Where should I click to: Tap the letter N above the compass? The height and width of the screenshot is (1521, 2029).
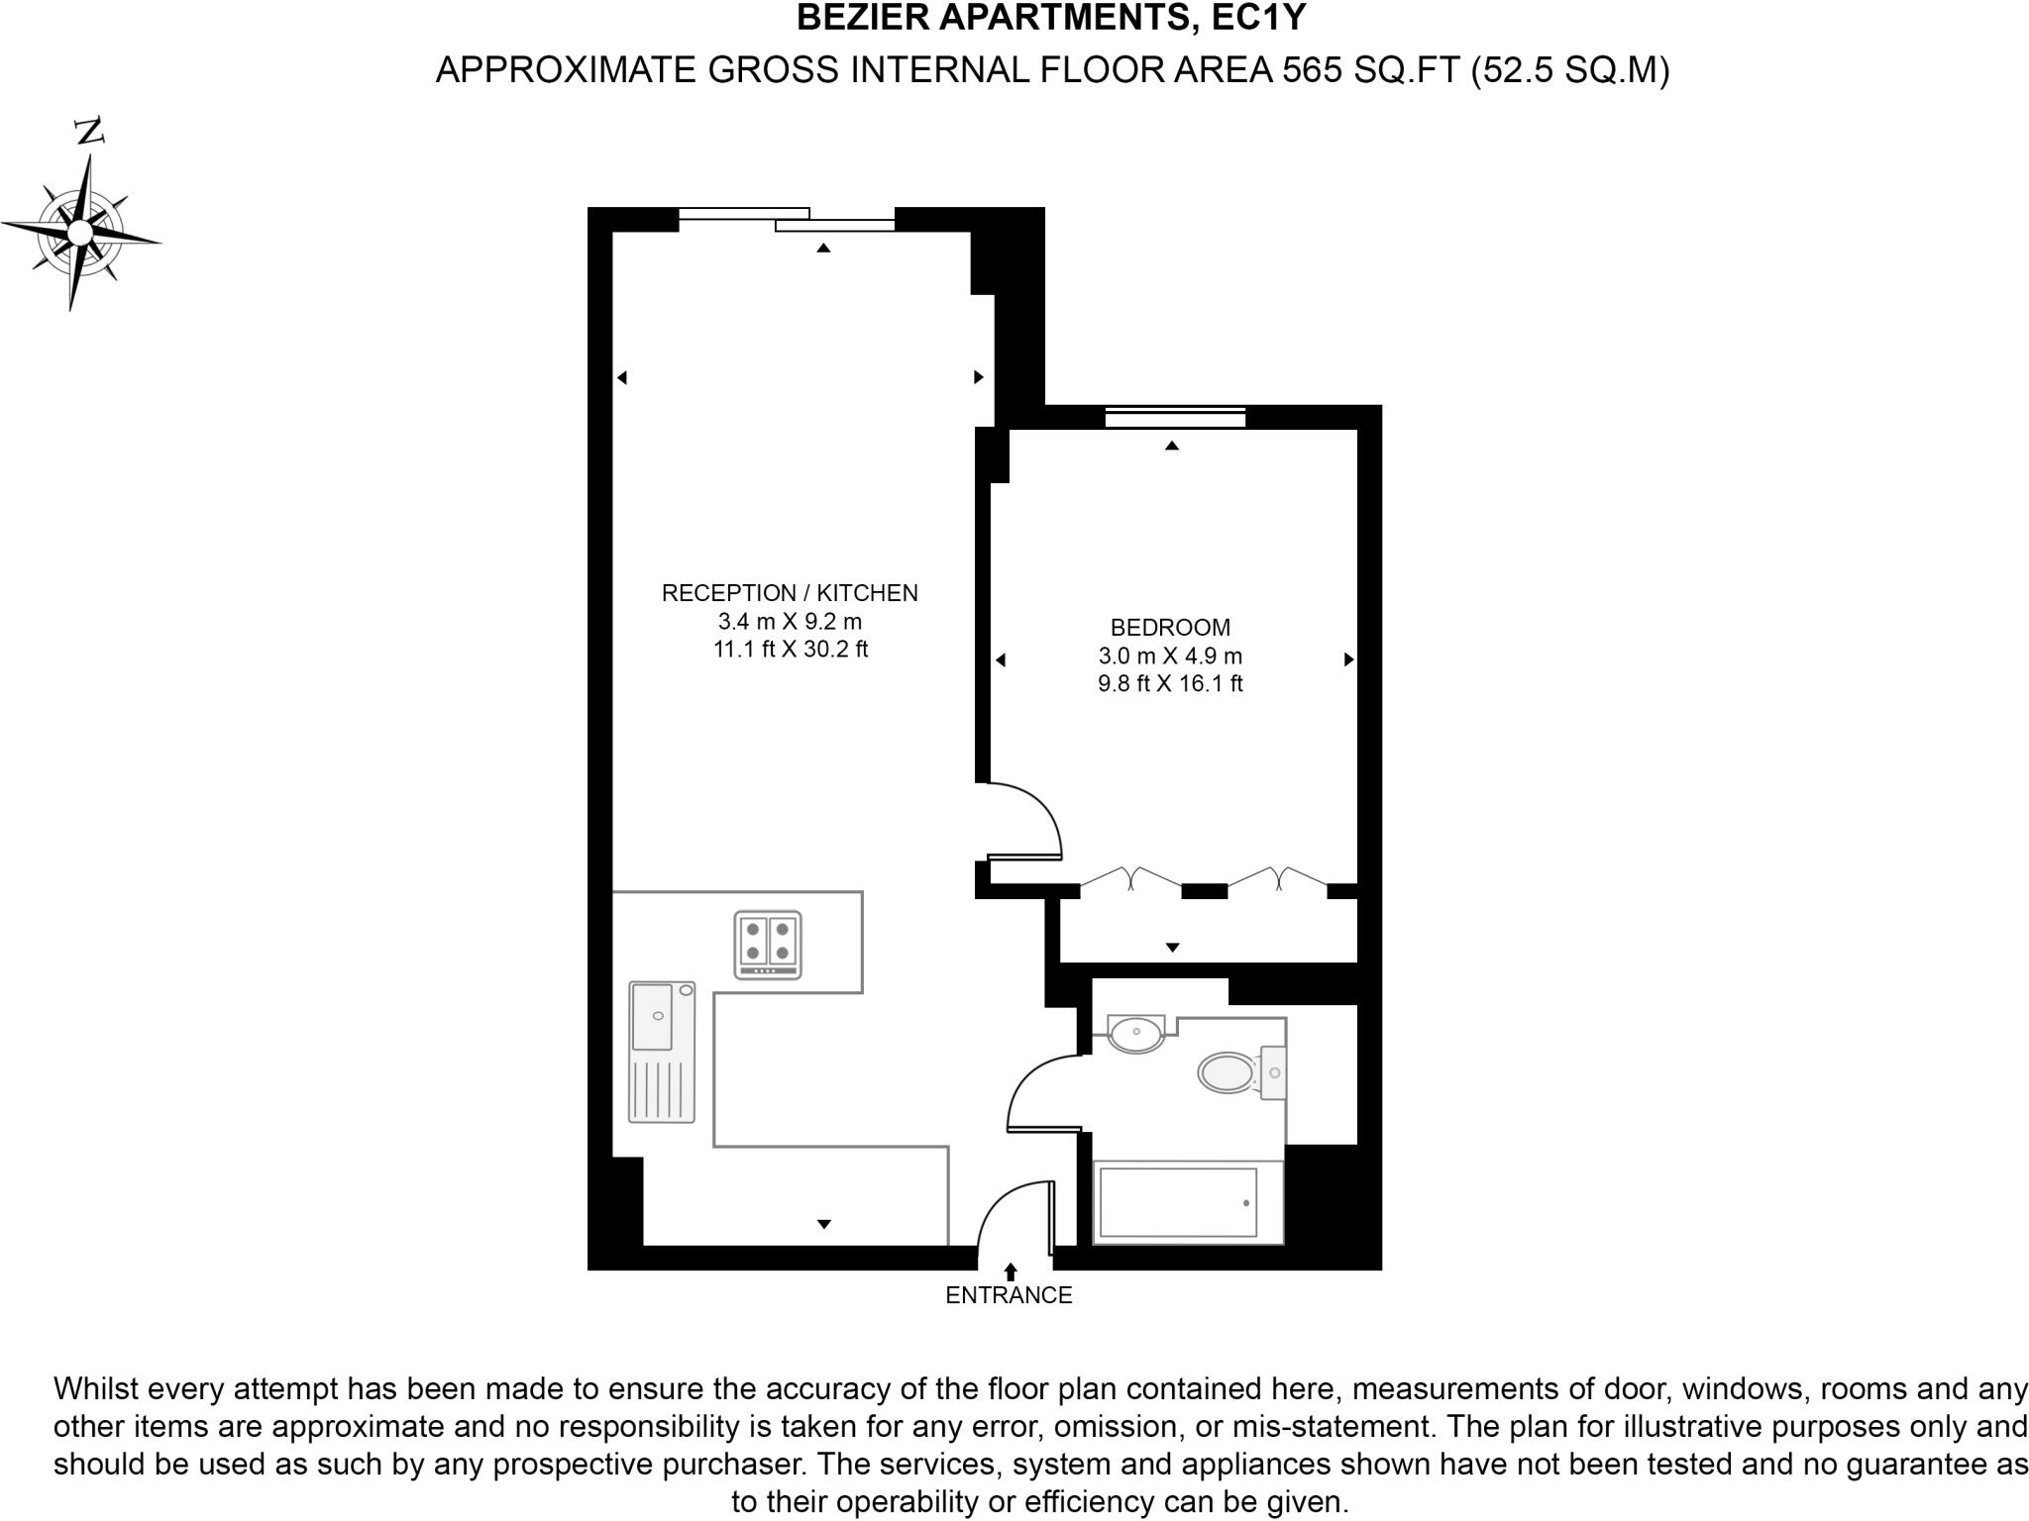click(x=90, y=131)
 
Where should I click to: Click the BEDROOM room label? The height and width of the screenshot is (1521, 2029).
click(x=1170, y=627)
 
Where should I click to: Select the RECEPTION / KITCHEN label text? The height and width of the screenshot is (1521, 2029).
click(x=790, y=593)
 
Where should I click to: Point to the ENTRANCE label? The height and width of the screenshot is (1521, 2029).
click(x=1009, y=1295)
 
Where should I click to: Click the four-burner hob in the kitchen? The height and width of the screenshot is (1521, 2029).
click(x=768, y=945)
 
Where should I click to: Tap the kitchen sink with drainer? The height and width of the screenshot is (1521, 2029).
click(x=662, y=1052)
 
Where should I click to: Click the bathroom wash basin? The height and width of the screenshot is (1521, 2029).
click(x=1136, y=1034)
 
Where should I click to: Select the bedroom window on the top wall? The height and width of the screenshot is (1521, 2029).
click(x=1175, y=418)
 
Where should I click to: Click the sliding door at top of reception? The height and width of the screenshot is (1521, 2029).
click(x=788, y=220)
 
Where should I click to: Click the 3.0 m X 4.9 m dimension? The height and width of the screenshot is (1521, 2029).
click(x=1170, y=656)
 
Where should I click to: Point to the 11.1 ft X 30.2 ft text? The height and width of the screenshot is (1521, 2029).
click(x=790, y=650)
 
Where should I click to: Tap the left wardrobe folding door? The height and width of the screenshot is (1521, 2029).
click(x=1130, y=877)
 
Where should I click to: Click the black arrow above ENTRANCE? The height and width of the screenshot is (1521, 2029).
click(x=1011, y=1271)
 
